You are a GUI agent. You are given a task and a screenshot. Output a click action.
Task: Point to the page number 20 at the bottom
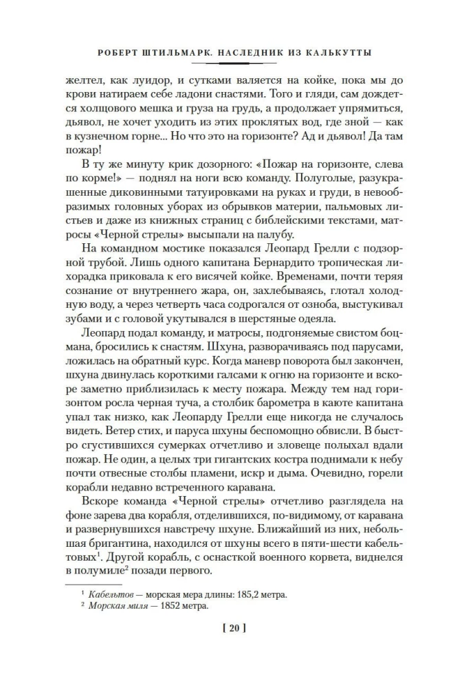pyautogui.click(x=226, y=628)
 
